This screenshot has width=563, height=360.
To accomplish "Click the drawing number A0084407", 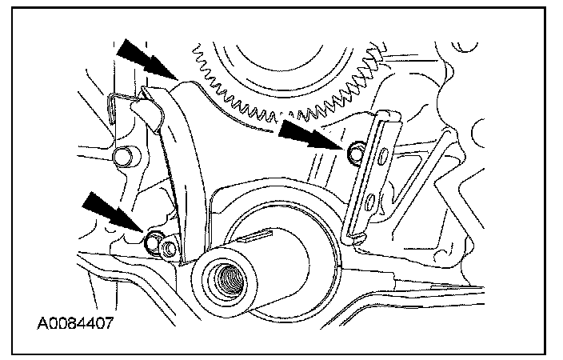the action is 75,323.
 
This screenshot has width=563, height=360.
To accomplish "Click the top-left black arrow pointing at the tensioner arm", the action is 146,59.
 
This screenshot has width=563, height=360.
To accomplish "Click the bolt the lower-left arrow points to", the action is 153,242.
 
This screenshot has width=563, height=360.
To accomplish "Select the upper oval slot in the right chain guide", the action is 384,157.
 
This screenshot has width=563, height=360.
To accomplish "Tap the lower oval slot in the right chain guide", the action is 369,202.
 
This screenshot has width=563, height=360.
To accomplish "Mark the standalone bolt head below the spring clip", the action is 123,157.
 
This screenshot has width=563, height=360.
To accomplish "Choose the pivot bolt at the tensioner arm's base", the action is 169,248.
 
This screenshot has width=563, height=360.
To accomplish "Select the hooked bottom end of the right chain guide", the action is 355,238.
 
